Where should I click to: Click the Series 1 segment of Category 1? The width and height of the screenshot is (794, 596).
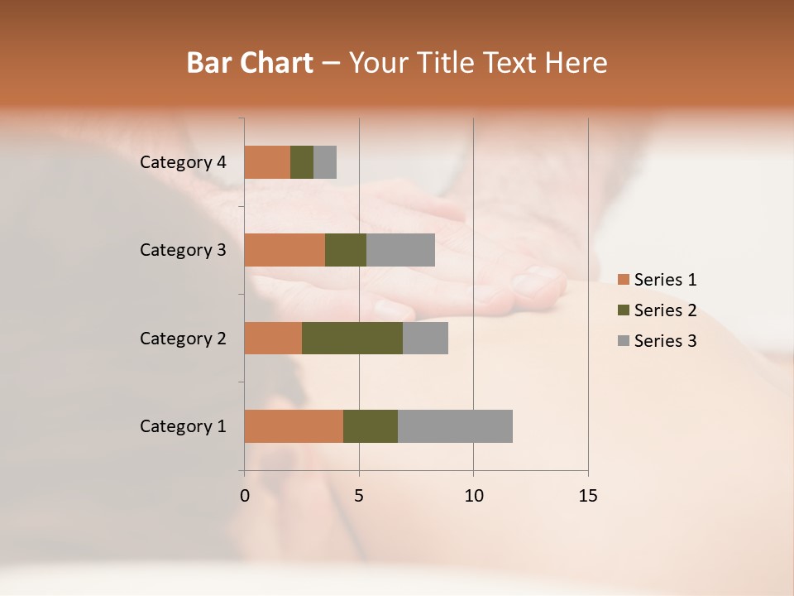[x=294, y=426]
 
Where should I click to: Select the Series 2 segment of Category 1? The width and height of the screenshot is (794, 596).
[x=371, y=426]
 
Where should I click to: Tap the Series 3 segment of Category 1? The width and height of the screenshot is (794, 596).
[x=455, y=426]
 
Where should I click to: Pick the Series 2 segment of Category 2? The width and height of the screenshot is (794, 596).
[x=352, y=338]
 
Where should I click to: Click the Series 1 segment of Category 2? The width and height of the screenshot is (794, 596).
[x=273, y=338]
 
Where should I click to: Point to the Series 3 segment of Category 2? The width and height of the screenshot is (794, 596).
[x=425, y=338]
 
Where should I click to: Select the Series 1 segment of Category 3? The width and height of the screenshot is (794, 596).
[x=285, y=250]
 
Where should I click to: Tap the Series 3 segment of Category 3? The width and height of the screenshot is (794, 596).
[x=400, y=250]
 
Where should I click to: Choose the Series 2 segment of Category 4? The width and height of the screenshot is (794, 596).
[x=302, y=162]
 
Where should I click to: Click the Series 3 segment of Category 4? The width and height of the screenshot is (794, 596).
[x=325, y=162]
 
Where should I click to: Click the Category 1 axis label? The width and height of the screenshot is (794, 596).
[x=182, y=426]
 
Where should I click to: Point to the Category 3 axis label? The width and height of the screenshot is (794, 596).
[x=182, y=250]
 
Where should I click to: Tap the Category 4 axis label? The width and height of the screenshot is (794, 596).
[x=182, y=162]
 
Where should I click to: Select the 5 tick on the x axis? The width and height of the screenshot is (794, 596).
[x=359, y=496]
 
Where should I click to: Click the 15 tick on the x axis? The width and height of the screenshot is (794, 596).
[x=587, y=496]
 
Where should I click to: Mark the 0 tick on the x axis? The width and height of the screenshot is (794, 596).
[x=245, y=496]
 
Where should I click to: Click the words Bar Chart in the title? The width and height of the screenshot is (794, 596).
[x=250, y=63]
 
